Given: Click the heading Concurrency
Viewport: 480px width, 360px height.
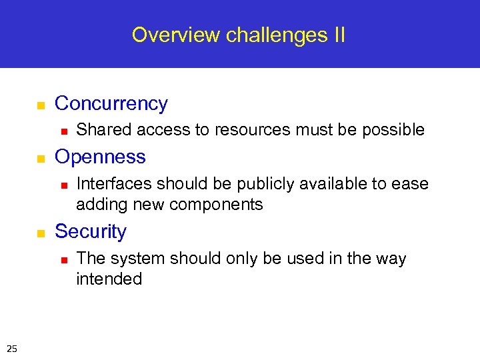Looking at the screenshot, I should click(111, 104).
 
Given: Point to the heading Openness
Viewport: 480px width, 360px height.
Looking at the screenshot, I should click(100, 157).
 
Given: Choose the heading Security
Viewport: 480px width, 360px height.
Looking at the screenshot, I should click(90, 232).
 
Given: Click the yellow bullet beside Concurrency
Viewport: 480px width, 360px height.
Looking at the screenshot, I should click(40, 105).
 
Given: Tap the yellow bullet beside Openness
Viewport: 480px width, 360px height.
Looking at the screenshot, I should click(40, 159).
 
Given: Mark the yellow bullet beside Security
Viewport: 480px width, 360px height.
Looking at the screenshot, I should click(40, 233).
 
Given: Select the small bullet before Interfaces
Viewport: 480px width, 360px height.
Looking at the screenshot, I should click(62, 184).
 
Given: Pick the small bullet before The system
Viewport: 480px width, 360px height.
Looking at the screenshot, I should click(62, 259).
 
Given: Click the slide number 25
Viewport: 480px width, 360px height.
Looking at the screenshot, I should click(12, 347).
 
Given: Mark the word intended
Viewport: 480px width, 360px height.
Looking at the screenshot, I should click(109, 279).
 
